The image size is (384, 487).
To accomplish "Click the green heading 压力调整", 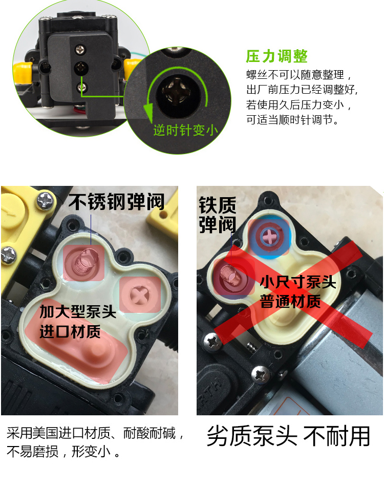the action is (276, 56).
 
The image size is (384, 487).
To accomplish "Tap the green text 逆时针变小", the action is (186, 130).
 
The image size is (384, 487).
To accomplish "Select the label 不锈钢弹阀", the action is (116, 202).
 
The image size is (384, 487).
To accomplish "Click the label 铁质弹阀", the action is (217, 215).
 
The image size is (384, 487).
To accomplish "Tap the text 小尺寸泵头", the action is (297, 282).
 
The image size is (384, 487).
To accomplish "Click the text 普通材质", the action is (290, 301).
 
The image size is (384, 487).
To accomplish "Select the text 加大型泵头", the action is (78, 311).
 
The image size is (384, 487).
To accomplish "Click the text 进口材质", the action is (70, 331).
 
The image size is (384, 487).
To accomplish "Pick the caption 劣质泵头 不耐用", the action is (288, 436).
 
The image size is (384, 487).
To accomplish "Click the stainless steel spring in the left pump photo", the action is (84, 261).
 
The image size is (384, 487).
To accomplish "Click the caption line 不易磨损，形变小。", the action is (63, 452).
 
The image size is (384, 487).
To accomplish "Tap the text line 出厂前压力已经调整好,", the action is (302, 90).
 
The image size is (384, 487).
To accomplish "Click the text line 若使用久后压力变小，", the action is (298, 105).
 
